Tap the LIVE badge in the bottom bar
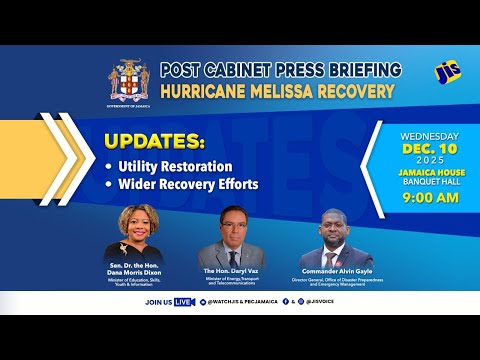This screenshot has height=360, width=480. pos(182,301)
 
